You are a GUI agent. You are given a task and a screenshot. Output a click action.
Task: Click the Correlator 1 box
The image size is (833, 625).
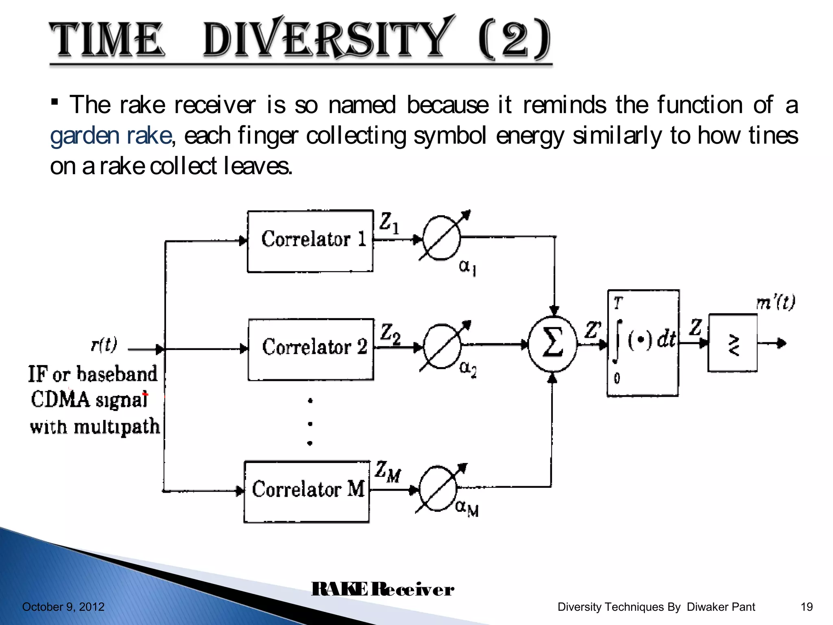[310, 241]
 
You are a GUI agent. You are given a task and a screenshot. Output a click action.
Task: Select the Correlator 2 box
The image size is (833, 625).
[311, 349]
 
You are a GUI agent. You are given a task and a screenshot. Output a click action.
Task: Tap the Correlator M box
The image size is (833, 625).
[307, 492]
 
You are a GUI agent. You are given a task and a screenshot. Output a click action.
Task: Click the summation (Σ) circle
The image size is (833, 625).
[552, 344]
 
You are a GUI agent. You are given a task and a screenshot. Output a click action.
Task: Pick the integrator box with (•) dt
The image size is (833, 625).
[643, 343]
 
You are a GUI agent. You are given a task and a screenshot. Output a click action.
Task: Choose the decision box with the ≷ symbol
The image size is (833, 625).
[733, 343]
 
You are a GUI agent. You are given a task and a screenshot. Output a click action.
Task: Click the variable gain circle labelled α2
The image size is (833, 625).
[443, 346]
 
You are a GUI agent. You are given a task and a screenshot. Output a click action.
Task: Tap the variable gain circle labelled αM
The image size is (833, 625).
[438, 489]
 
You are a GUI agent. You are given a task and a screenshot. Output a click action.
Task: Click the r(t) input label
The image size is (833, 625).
[104, 344]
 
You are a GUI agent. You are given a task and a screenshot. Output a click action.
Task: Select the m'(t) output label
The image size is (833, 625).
[775, 303]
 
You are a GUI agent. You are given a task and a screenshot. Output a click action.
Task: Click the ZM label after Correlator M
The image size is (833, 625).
[387, 472]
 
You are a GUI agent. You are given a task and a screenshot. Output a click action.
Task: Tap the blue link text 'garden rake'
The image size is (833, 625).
[111, 135]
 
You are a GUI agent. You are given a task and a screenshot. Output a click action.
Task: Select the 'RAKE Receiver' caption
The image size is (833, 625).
[382, 589]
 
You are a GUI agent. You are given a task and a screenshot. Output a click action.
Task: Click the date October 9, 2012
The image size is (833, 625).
[63, 607]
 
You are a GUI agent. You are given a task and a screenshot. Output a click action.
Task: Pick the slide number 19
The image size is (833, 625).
[806, 607]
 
